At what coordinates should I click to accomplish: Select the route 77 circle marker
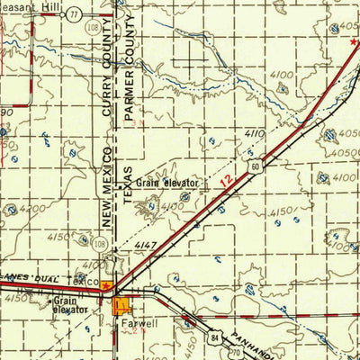tap(73, 15)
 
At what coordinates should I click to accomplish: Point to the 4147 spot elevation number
tap(146, 245)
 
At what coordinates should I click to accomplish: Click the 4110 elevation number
tap(254, 133)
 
